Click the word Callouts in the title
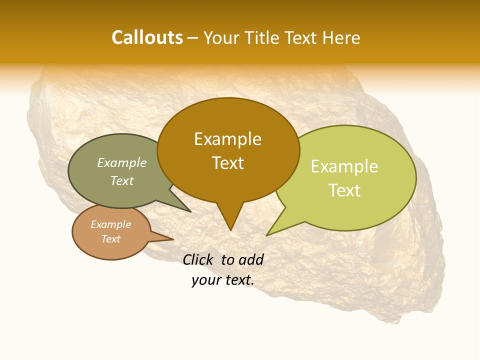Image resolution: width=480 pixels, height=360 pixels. point(147,37)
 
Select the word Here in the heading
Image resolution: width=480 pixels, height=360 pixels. point(341,37)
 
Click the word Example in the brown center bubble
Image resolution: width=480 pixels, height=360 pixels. point(227,139)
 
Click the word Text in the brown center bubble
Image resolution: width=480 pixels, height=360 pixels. point(227,163)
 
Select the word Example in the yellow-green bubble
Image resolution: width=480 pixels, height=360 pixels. point(344,166)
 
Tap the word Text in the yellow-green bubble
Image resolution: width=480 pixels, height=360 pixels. point(344,190)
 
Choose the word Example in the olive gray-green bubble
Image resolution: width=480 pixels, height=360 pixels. point(122,163)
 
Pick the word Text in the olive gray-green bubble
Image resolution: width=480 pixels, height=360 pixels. point(122,181)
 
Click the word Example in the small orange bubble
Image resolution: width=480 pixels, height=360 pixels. point(110,224)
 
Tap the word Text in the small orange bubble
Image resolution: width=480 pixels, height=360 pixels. point(110,239)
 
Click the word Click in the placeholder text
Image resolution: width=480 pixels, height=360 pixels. point(199,259)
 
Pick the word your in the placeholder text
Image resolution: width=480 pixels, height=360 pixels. point(205,280)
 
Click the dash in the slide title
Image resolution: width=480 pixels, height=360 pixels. point(193,38)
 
